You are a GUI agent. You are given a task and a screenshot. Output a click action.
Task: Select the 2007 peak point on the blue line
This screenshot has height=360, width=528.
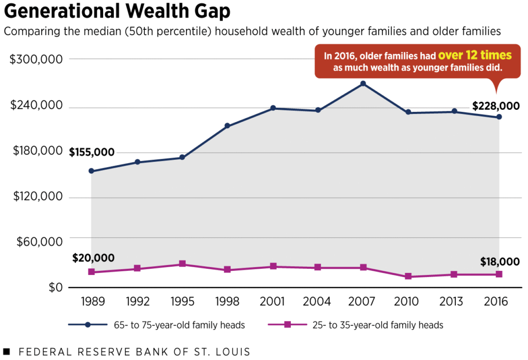pos(363,84)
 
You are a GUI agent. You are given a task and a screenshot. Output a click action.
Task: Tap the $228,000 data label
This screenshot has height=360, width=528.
pos(496,106)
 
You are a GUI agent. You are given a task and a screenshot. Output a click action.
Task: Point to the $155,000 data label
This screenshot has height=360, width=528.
pos(92,152)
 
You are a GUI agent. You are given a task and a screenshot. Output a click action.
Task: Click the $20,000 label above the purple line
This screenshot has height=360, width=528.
pos(93,258)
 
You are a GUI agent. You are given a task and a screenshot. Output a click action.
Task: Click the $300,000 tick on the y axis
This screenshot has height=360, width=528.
pos(37,59)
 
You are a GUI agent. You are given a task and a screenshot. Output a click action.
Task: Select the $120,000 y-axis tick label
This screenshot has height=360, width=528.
pos(37,197)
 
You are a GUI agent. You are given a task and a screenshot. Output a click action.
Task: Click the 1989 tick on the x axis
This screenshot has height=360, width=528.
pos(92,302)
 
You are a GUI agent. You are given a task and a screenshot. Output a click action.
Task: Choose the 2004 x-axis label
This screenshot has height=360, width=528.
pos(318,302)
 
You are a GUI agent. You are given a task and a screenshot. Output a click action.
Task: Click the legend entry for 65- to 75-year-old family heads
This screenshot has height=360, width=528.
pos(157,325)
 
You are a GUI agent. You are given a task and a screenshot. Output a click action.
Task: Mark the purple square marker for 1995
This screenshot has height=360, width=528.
pos(183,264)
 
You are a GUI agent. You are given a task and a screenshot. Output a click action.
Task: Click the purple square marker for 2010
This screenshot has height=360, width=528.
pos(408,276)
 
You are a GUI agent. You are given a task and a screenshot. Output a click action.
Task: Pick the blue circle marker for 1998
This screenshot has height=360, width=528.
pos(227,126)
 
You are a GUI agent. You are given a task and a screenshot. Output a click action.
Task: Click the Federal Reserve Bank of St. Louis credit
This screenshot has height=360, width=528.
pos(126,352)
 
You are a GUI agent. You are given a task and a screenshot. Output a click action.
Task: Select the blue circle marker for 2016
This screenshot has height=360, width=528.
pos(499,117)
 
